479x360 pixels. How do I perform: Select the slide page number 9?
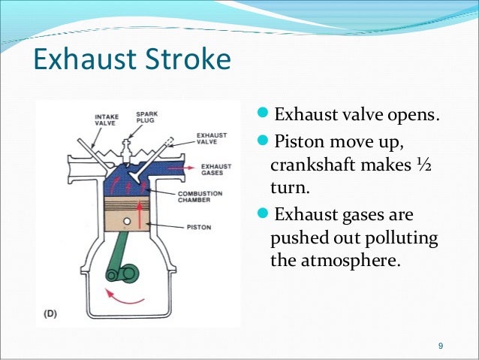(441, 346)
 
